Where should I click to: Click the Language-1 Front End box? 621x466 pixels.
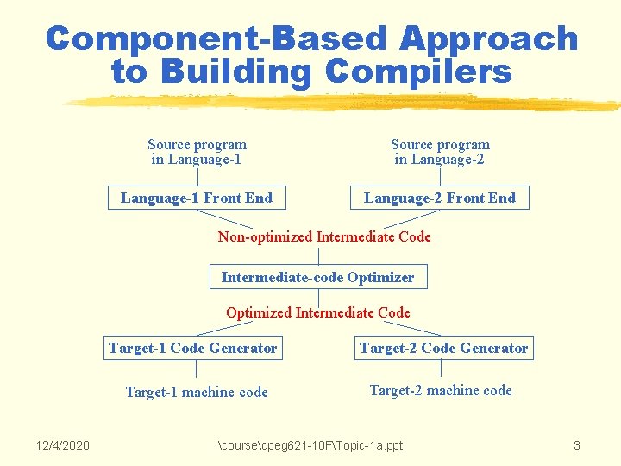point(197,198)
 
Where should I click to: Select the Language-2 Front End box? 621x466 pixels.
point(440,198)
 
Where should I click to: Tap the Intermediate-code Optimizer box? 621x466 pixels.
point(318,277)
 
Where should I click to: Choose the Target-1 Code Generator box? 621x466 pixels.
point(193,348)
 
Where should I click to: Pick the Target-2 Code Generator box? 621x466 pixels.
point(444,348)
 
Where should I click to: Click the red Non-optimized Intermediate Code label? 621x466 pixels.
point(324,236)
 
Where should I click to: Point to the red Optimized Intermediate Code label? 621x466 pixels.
point(318,312)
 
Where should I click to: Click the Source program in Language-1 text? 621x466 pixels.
point(197,152)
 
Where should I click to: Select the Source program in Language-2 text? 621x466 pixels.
point(440,152)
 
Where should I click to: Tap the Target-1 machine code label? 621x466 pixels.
point(197,392)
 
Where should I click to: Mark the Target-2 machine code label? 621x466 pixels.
point(441,390)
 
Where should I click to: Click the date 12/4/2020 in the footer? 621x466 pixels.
point(62,445)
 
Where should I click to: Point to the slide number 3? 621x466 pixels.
point(576,445)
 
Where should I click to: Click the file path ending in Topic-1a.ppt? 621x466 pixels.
point(310,445)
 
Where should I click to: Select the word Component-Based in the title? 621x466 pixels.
point(216,39)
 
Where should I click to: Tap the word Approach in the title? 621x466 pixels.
point(488,39)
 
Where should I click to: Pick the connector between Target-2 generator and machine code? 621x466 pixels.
point(441,368)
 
